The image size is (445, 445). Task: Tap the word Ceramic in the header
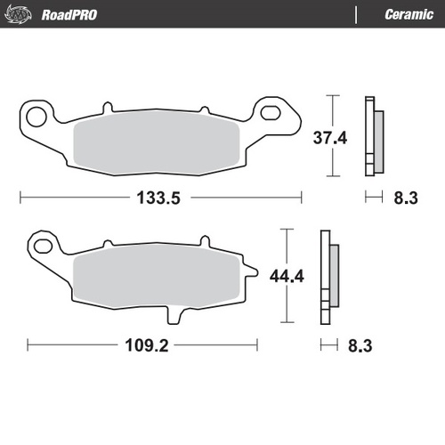coord(409,15)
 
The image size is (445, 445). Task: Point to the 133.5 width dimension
coord(159,198)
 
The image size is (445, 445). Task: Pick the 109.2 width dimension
coord(142,344)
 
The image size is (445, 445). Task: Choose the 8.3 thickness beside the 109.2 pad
coord(360,344)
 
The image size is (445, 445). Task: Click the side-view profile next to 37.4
coord(374,136)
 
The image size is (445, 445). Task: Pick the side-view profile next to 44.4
coord(329,276)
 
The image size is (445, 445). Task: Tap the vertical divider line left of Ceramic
coord(356,15)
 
